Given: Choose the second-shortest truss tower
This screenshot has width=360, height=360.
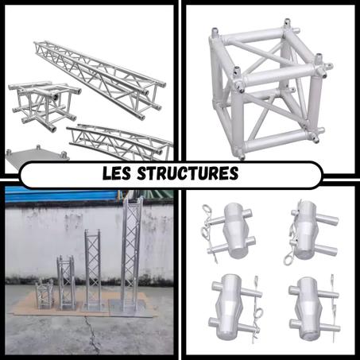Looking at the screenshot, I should coord(66,281).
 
